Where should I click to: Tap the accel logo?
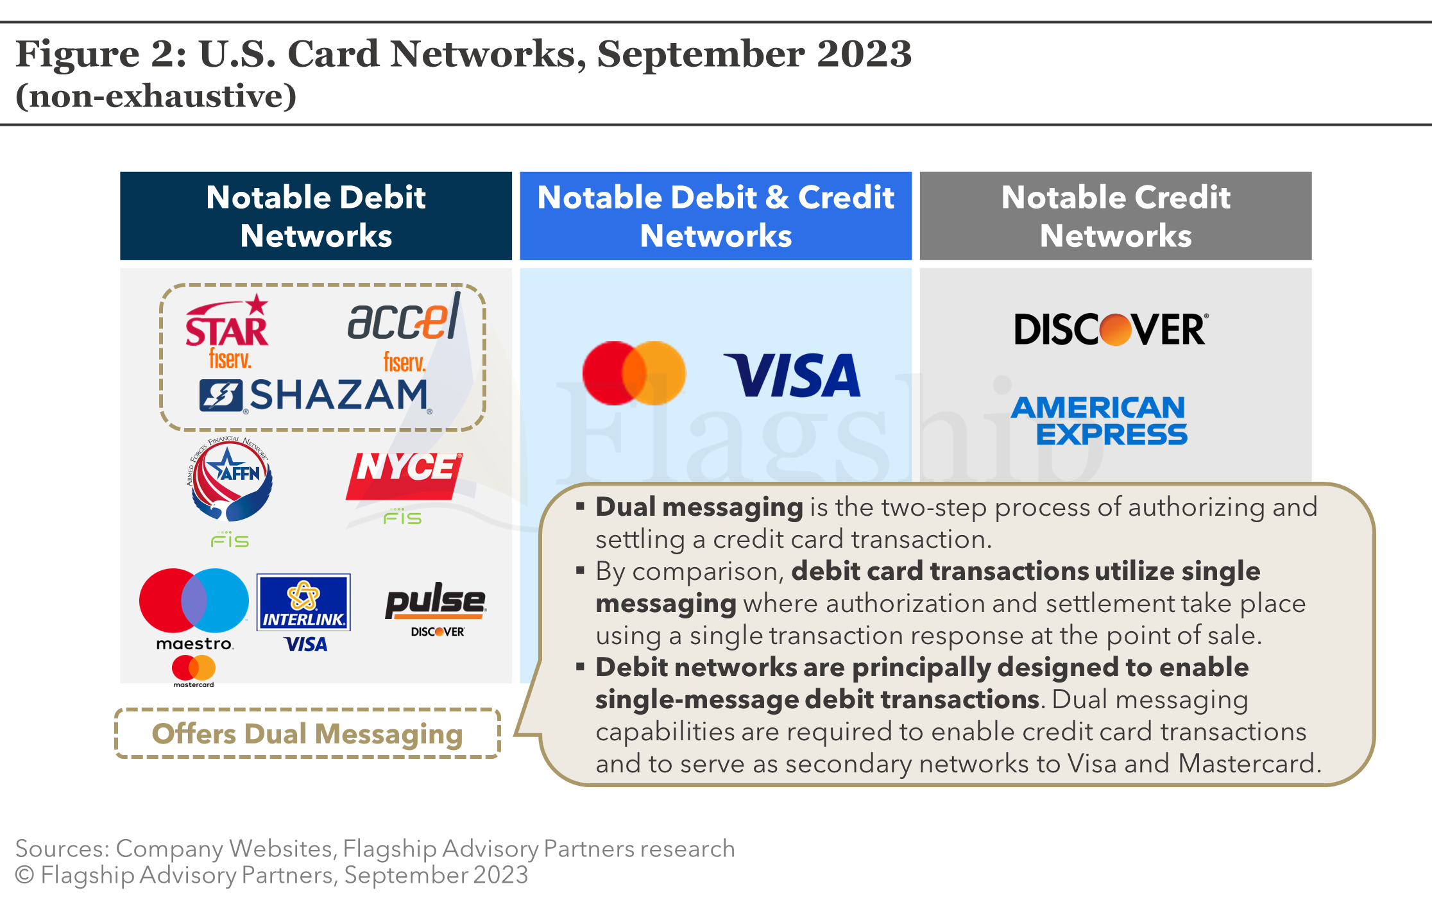click(x=404, y=318)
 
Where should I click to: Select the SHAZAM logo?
click(x=314, y=395)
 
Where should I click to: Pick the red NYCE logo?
click(x=404, y=475)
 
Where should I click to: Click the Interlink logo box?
click(x=303, y=602)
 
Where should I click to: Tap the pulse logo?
click(x=435, y=601)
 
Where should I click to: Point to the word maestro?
click(x=194, y=643)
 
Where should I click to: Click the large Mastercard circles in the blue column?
click(x=634, y=373)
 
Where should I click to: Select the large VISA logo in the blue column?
click(x=793, y=375)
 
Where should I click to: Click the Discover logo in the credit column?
click(x=1111, y=330)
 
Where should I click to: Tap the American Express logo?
click(x=1099, y=421)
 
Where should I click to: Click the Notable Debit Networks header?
click(x=316, y=216)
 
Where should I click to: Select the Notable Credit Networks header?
click(x=1116, y=216)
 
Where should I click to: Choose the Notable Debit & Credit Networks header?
click(x=715, y=216)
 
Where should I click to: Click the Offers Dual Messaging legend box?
click(x=307, y=733)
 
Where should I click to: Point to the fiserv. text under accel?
click(x=404, y=362)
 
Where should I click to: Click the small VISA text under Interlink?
click(x=305, y=644)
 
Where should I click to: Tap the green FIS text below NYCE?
click(x=402, y=517)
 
